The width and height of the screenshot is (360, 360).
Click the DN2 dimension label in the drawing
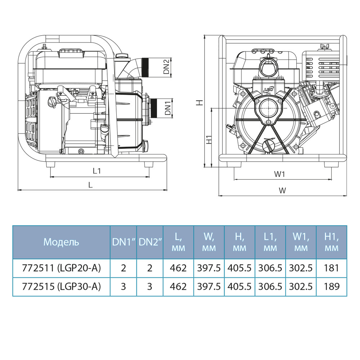pos(166,67)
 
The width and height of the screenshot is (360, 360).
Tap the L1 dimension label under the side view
pos(96,171)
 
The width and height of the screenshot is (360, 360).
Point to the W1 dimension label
pos(280,174)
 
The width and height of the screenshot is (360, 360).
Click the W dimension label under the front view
pos(283,190)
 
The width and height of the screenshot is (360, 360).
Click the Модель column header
pos(61,242)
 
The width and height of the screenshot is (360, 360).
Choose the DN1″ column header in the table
pos(123,242)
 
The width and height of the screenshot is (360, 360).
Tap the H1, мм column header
pos(331,242)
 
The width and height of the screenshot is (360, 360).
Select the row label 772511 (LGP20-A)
pos(61,268)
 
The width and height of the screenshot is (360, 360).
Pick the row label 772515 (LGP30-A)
pos(61,287)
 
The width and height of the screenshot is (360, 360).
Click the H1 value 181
pos(331,268)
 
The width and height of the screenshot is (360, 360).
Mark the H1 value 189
pos(331,287)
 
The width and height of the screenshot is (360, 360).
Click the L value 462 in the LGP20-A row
pos(178,268)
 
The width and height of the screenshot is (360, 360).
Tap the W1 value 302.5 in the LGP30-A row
pos(301,287)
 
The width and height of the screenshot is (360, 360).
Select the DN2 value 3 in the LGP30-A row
pos(150,287)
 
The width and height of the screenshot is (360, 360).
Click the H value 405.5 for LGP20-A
pos(239,268)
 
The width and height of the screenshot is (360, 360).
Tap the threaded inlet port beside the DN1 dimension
pos(155,108)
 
